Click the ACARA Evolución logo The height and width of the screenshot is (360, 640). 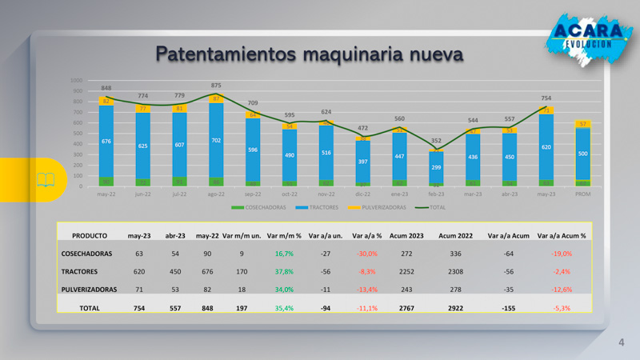pyautogui.click(x=589, y=34)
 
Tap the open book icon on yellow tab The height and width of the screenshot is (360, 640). pyautogui.click(x=46, y=179)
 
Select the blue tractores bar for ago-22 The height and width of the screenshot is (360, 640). pyautogui.click(x=216, y=140)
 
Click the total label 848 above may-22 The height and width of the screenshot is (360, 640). pyautogui.click(x=106, y=88)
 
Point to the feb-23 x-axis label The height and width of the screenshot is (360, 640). pyautogui.click(x=436, y=193)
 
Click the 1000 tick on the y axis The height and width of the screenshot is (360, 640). pyautogui.click(x=77, y=81)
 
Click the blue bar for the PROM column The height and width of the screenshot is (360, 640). pyautogui.click(x=583, y=154)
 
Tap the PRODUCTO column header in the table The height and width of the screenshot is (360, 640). pyautogui.click(x=90, y=236)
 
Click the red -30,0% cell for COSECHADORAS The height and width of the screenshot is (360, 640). pyautogui.click(x=367, y=254)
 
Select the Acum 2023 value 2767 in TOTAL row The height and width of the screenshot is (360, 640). pyautogui.click(x=406, y=307)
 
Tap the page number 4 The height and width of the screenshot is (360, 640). pyautogui.click(x=621, y=343)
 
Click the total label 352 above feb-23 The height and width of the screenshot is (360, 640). pyautogui.click(x=436, y=141)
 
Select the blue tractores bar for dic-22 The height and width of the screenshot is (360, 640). pyautogui.click(x=362, y=162)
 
